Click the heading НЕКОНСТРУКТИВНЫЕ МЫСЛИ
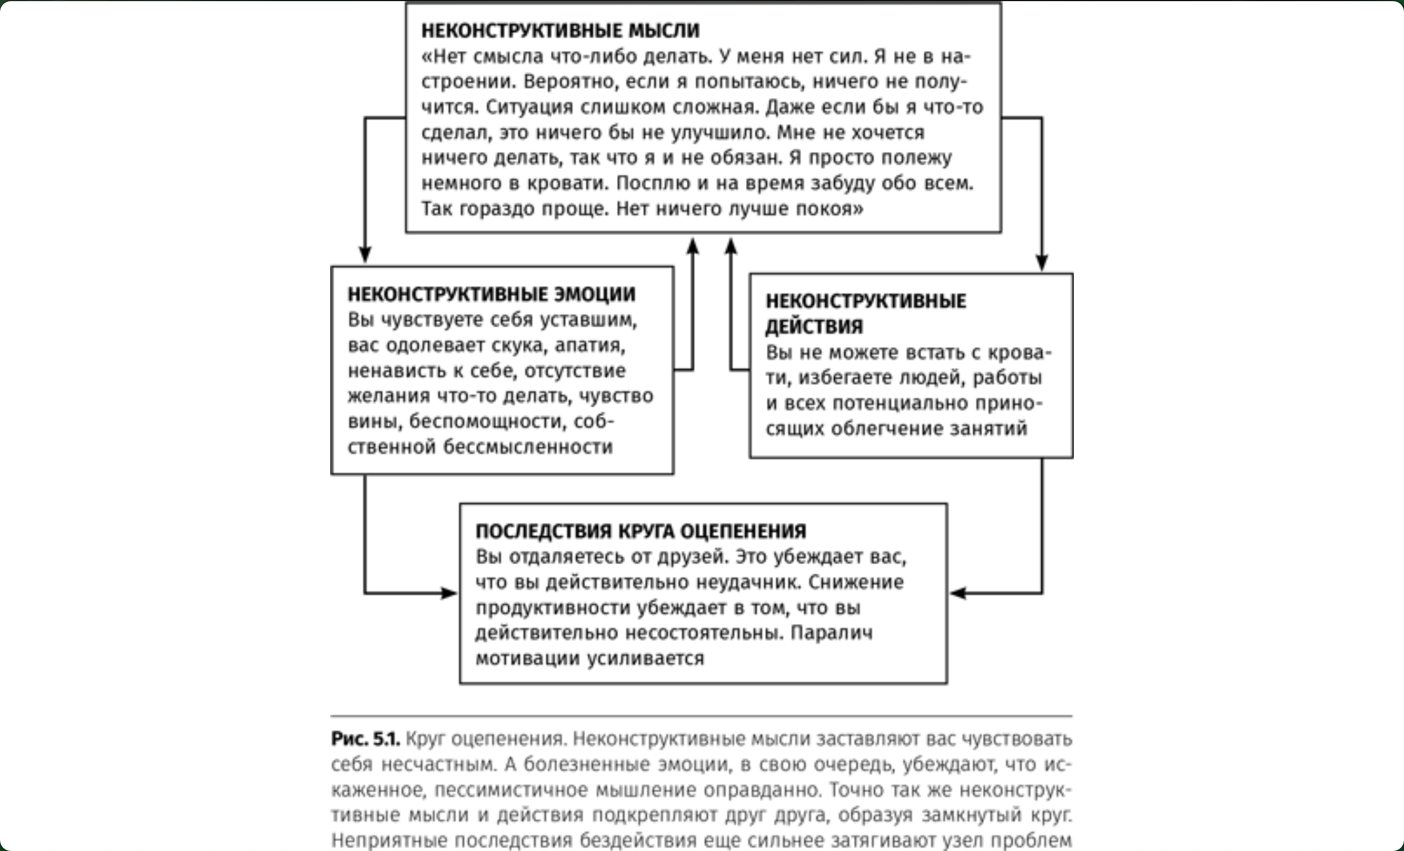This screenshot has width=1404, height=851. (560, 31)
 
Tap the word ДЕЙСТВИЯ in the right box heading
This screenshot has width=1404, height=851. (814, 327)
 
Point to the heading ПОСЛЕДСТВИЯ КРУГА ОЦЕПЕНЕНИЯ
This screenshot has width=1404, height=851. (641, 531)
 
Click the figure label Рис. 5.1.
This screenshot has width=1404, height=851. (365, 739)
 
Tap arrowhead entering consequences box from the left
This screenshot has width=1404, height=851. (450, 593)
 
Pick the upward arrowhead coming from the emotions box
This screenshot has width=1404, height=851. (692, 247)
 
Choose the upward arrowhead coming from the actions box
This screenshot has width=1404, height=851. (731, 247)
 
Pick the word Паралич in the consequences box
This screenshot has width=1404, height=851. (831, 633)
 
